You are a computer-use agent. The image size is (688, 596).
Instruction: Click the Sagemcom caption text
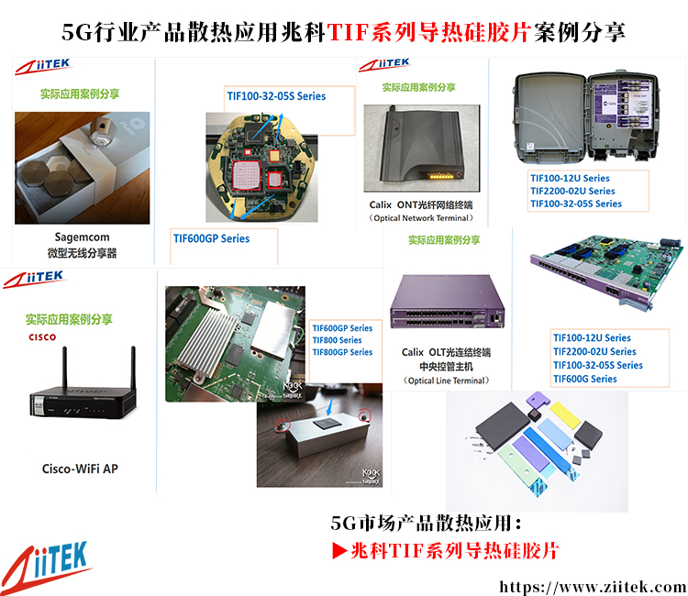[82, 237]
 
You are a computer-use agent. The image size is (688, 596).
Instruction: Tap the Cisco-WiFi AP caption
[81, 469]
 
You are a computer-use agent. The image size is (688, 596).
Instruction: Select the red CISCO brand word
[42, 337]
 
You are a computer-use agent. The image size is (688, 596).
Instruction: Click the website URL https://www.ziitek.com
[593, 586]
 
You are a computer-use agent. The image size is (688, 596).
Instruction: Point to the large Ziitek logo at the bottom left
[46, 567]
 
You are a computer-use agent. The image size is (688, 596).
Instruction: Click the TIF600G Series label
[585, 379]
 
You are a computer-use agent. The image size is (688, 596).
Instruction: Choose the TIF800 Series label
[337, 340]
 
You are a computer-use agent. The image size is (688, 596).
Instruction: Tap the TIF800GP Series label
[342, 352]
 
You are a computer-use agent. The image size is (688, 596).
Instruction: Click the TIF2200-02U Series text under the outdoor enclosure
[572, 192]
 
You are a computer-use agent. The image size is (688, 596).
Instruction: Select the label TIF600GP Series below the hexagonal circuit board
[212, 238]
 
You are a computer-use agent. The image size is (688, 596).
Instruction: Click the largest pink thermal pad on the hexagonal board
[246, 175]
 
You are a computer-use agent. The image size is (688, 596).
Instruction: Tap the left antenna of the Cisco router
[64, 369]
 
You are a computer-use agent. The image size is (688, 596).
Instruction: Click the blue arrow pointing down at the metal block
[330, 406]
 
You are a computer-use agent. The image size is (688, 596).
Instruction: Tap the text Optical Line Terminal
[446, 381]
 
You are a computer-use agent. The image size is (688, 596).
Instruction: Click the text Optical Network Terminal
[421, 218]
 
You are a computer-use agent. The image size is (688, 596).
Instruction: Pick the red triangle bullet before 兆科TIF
[339, 551]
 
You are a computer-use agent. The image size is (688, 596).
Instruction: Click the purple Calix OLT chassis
[447, 303]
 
